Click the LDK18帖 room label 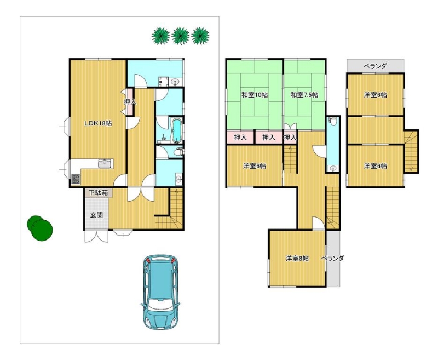[x=99, y=123]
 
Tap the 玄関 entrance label [x=96, y=215]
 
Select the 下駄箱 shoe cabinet [x=99, y=192]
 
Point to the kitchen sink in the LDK [x=106, y=163]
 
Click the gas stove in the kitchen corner [x=76, y=179]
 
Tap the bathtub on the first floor [x=176, y=130]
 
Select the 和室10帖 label [x=255, y=95]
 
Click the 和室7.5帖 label [x=304, y=95]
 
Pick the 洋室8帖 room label [x=297, y=259]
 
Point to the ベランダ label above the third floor [x=375, y=66]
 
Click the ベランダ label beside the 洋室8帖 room [x=332, y=258]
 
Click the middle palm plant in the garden [x=181, y=36]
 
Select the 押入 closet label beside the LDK [x=130, y=102]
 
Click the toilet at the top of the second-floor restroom [x=332, y=121]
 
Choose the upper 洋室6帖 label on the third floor [x=375, y=95]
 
